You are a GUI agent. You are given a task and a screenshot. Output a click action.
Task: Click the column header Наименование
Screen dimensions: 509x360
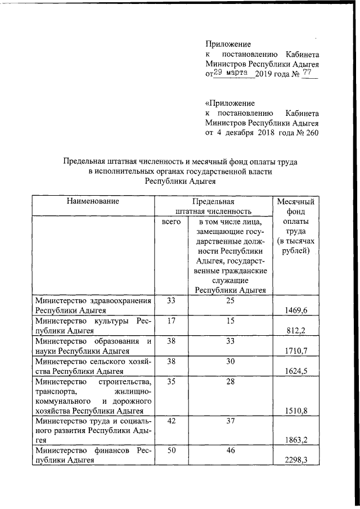[x=93, y=201]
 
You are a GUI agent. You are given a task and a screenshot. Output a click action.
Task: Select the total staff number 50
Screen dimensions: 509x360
[x=171, y=452]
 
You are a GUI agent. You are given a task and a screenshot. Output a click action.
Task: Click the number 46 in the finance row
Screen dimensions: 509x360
[x=230, y=452]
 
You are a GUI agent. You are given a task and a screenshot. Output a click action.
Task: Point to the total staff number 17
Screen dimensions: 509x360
[x=171, y=321]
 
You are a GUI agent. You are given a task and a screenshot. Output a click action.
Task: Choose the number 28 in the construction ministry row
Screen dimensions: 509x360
[x=230, y=381]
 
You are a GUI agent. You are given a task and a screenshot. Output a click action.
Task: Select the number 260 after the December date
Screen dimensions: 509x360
[x=310, y=133]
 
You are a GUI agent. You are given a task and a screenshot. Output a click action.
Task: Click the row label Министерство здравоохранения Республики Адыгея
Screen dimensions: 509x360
[x=93, y=305]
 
